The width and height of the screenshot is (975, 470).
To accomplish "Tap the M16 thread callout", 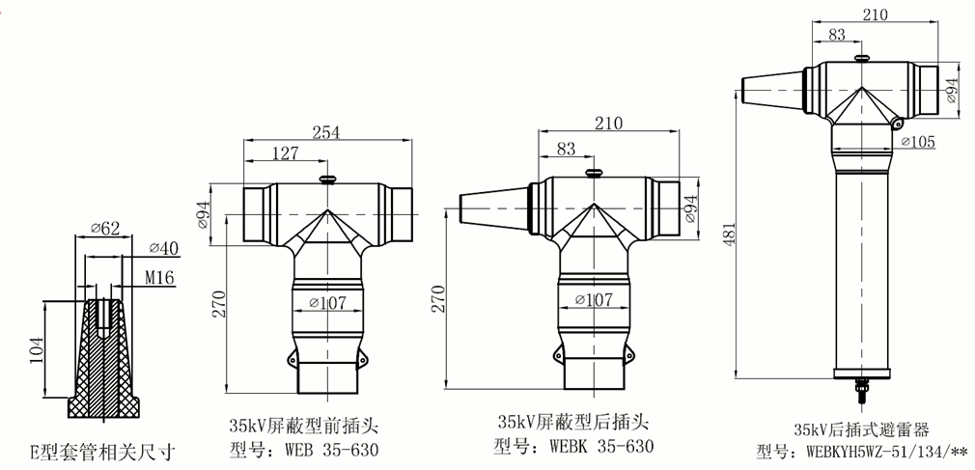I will pos(156,279).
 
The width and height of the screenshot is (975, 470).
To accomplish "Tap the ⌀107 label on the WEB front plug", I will pos(328,302).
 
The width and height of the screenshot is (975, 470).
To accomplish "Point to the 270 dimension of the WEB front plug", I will pos(220,303).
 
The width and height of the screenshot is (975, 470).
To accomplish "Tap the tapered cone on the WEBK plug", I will pos(488,207).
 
